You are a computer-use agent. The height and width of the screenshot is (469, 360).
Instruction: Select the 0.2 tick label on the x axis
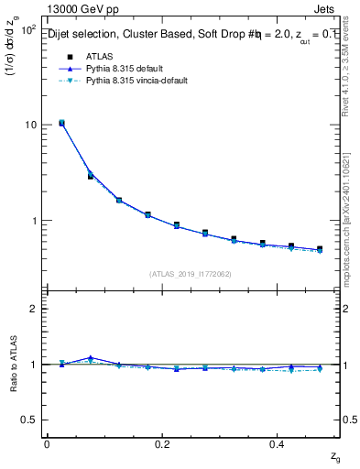click(x=162, y=443)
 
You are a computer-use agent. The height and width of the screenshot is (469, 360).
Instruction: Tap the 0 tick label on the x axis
click(x=47, y=443)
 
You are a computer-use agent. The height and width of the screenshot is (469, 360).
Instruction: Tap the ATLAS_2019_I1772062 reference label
click(x=190, y=273)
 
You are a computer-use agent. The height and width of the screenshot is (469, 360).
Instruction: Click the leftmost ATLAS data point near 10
click(x=61, y=123)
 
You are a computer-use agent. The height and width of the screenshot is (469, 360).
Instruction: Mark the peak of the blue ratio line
click(x=90, y=357)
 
